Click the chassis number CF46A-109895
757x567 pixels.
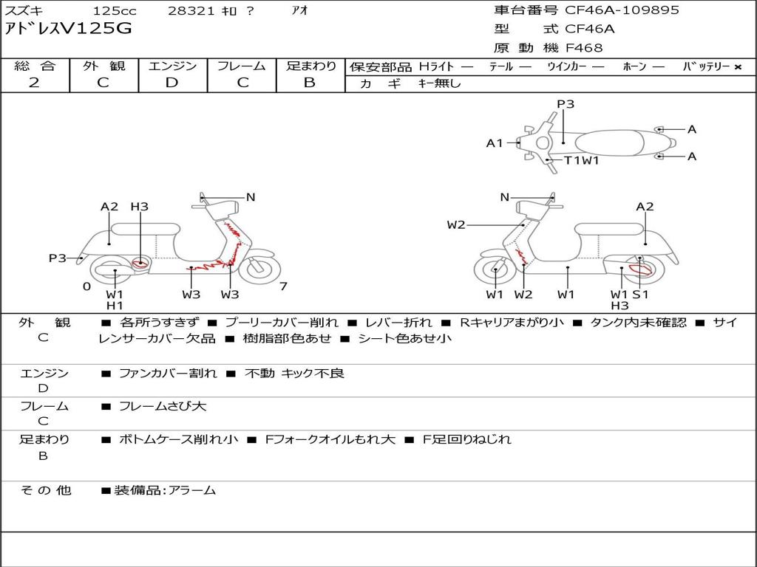[622, 10]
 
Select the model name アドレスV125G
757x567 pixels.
[68, 29]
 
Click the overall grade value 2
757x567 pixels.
[34, 83]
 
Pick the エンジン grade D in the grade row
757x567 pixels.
[172, 83]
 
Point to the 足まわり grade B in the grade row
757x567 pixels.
[310, 83]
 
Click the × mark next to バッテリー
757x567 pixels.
[738, 67]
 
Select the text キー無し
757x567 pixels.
[440, 83]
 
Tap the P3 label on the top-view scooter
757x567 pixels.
[566, 104]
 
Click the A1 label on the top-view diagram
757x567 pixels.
[495, 143]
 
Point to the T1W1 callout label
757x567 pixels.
[582, 160]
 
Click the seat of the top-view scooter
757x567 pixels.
[609, 143]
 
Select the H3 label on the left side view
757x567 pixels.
[140, 207]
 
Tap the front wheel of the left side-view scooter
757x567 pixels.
[259, 269]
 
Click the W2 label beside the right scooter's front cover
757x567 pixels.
[455, 225]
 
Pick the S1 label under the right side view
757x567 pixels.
[641, 294]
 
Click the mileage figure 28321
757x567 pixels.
[191, 10]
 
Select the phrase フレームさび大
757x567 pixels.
[163, 407]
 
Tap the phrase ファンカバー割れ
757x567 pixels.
[168, 374]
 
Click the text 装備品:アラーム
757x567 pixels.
[165, 491]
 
